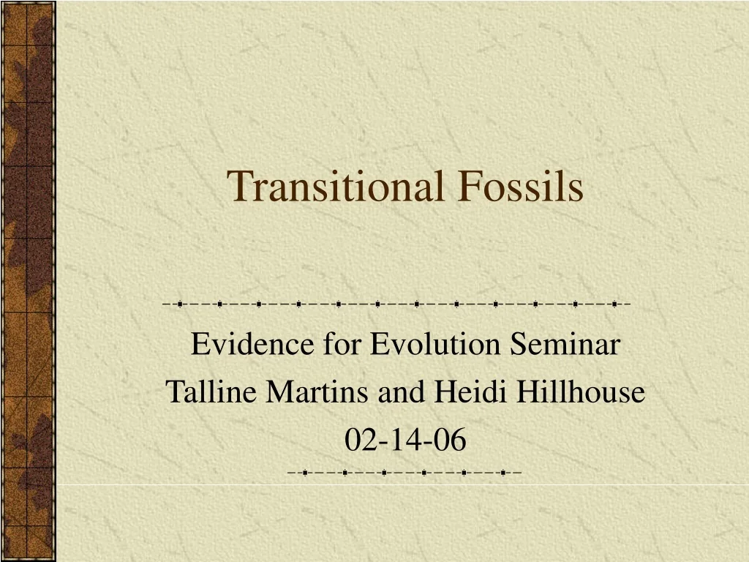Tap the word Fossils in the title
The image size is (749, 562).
521,186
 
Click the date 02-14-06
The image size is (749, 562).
405,441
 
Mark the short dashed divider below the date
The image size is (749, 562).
405,473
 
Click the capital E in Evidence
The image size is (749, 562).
198,345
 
